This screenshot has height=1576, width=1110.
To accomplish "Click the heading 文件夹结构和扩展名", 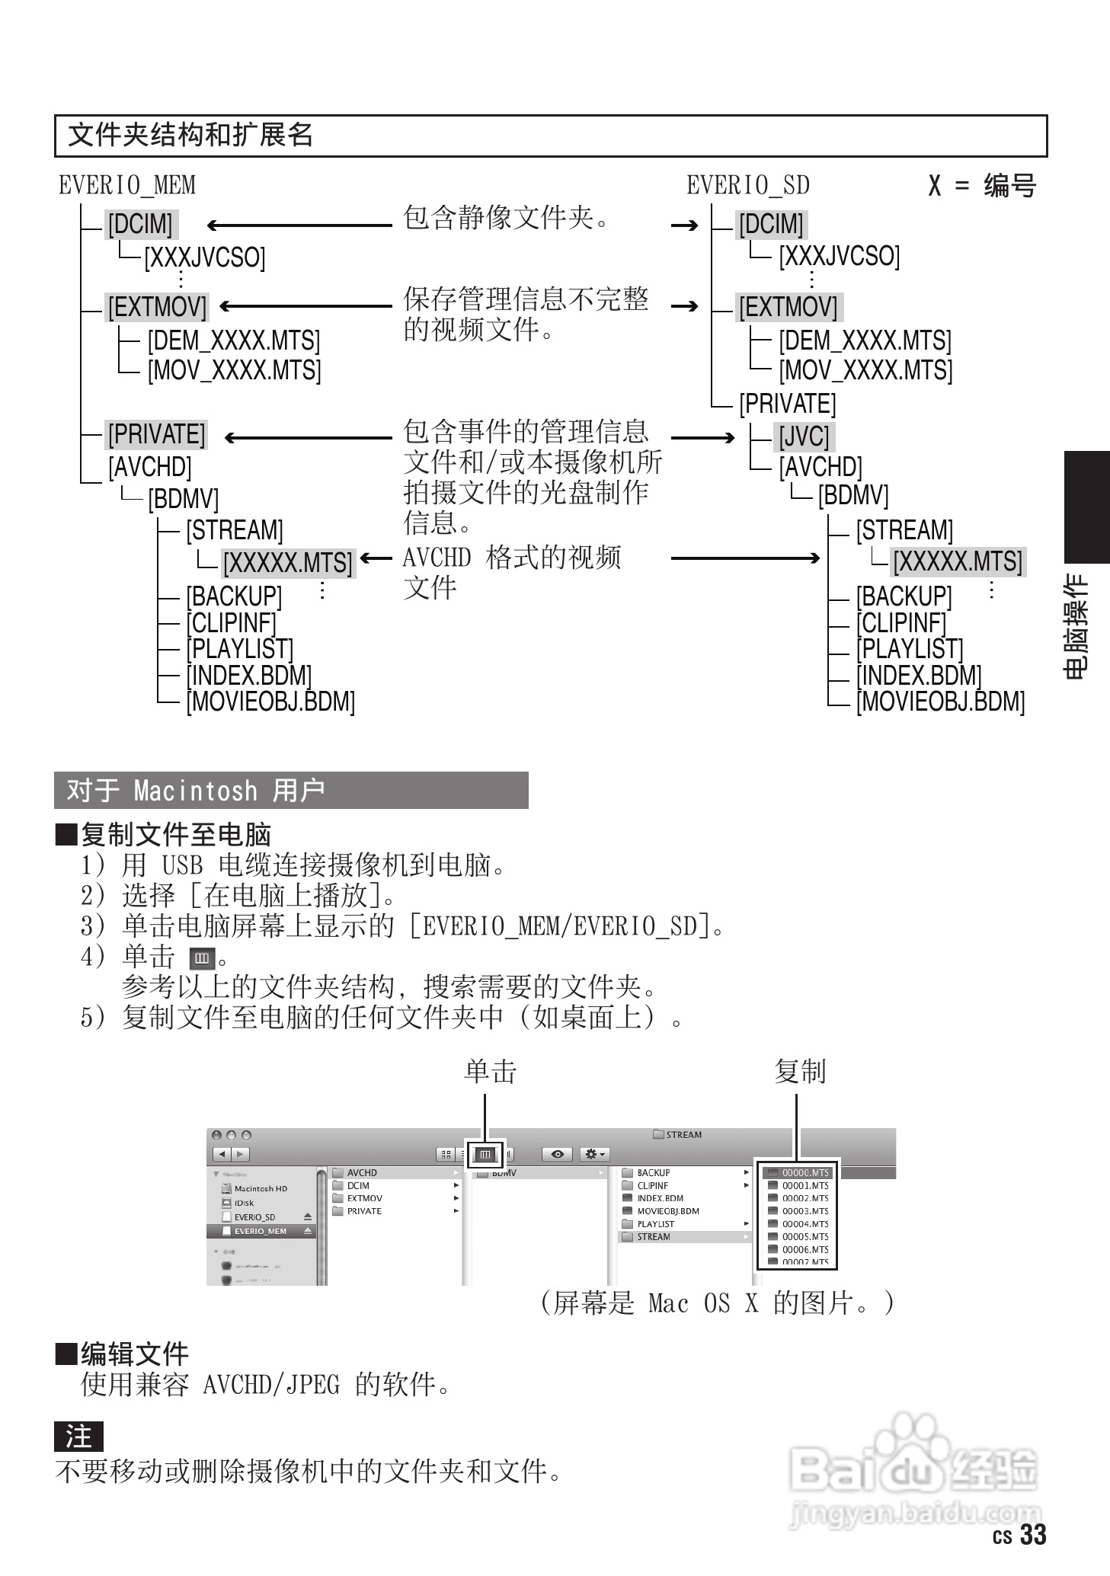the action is [190, 136].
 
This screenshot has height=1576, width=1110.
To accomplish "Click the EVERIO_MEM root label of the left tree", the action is [127, 185].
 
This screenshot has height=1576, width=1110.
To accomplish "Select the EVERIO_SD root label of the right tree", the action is [747, 185].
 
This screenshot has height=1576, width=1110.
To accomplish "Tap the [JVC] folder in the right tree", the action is [804, 437].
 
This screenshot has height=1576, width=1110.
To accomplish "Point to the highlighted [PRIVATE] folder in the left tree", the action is [157, 434].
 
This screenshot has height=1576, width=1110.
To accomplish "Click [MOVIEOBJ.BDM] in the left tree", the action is [271, 701].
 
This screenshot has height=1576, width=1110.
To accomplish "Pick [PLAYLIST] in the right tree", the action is [910, 649].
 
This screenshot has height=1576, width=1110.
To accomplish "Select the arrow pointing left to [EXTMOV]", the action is [305, 306].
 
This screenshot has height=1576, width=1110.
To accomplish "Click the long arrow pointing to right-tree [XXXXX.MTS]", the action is [745, 558].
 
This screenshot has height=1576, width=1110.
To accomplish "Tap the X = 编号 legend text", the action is [982, 185].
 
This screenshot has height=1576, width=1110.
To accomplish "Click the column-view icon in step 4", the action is [202, 957].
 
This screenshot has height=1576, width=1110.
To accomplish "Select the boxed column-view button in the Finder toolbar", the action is [485, 1154].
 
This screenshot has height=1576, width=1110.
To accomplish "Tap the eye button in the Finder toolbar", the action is [558, 1154].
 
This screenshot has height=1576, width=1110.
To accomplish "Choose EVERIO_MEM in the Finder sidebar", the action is [261, 1231].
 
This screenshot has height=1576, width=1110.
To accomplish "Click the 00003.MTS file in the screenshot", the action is [805, 1211].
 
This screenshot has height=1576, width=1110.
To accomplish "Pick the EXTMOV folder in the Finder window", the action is [365, 1198].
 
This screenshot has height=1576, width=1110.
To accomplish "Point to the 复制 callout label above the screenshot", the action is [799, 1072].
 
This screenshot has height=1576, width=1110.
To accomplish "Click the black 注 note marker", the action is [78, 1437].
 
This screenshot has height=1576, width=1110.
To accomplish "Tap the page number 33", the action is [1033, 1534].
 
